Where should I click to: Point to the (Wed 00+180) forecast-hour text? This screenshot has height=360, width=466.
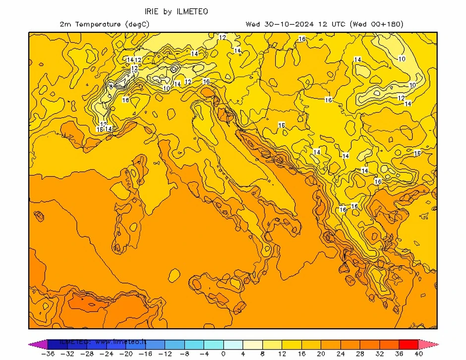[x=376, y=24]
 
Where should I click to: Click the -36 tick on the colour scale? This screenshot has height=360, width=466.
[x=47, y=354]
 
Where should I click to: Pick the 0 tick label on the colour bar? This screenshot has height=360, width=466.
[x=224, y=354]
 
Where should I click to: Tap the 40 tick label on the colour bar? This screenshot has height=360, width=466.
[x=418, y=354]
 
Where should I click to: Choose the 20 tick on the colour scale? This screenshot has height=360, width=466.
[x=321, y=354]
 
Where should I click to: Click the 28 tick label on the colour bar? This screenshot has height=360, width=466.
[x=360, y=354]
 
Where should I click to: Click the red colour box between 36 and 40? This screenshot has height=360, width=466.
[x=408, y=344]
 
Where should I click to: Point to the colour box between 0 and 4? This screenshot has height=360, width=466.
[x=233, y=344]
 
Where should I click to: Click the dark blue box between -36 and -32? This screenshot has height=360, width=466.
[x=57, y=344]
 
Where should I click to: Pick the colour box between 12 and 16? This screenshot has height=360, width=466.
[x=291, y=344]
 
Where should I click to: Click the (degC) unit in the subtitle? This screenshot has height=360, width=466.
[x=136, y=24]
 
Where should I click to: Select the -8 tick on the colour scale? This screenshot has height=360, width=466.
[x=184, y=354]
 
